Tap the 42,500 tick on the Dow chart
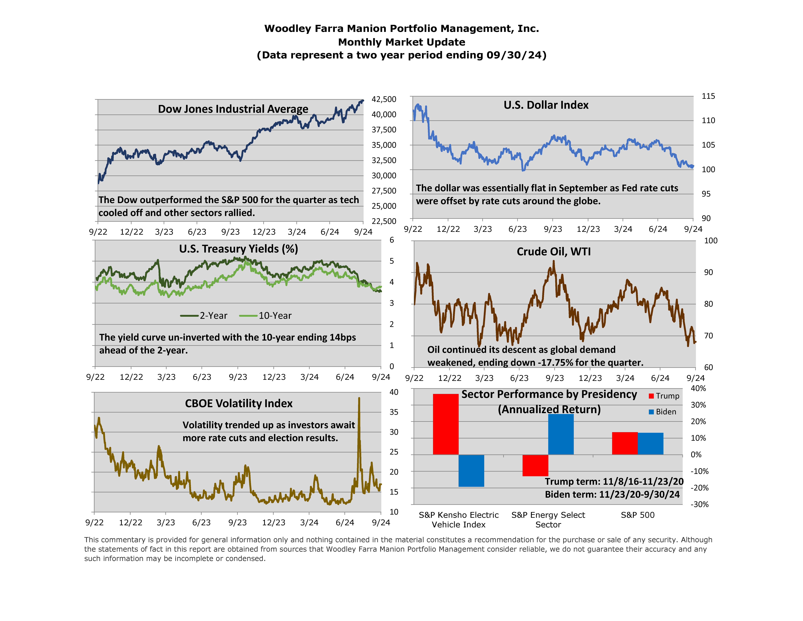click(384, 99)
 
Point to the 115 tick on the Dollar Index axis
click(708, 96)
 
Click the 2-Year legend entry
click(204, 316)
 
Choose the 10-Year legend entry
click(265, 316)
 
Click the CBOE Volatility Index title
click(239, 404)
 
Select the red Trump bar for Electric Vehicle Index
click(446, 424)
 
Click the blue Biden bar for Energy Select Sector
click(561, 434)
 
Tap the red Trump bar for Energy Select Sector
click(535, 465)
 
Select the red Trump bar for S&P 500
click(625, 443)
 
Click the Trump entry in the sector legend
click(664, 396)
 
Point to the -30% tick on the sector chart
click(699, 504)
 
